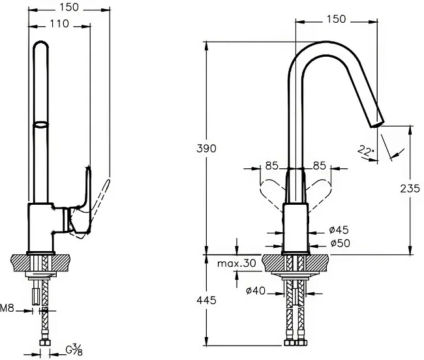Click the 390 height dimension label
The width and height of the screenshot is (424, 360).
206,149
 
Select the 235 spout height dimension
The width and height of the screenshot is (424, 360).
410,188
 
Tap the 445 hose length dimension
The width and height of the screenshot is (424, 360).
206,300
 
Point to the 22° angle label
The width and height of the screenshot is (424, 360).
365,151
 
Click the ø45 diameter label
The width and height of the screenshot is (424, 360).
339,230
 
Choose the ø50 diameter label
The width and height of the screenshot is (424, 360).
340,243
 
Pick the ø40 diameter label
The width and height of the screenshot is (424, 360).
256,291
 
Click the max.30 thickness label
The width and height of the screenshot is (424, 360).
237,263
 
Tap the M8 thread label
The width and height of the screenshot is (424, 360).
7,308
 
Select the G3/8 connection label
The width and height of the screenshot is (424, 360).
74,350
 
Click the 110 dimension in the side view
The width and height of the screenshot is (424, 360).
59,23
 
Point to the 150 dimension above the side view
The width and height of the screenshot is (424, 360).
69,7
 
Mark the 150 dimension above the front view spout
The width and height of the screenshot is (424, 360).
336,19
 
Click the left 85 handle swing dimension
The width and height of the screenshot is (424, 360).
271,166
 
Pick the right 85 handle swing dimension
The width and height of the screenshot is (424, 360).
320,166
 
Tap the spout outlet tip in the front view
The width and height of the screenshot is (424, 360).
378,125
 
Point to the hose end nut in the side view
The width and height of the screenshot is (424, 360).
45,342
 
